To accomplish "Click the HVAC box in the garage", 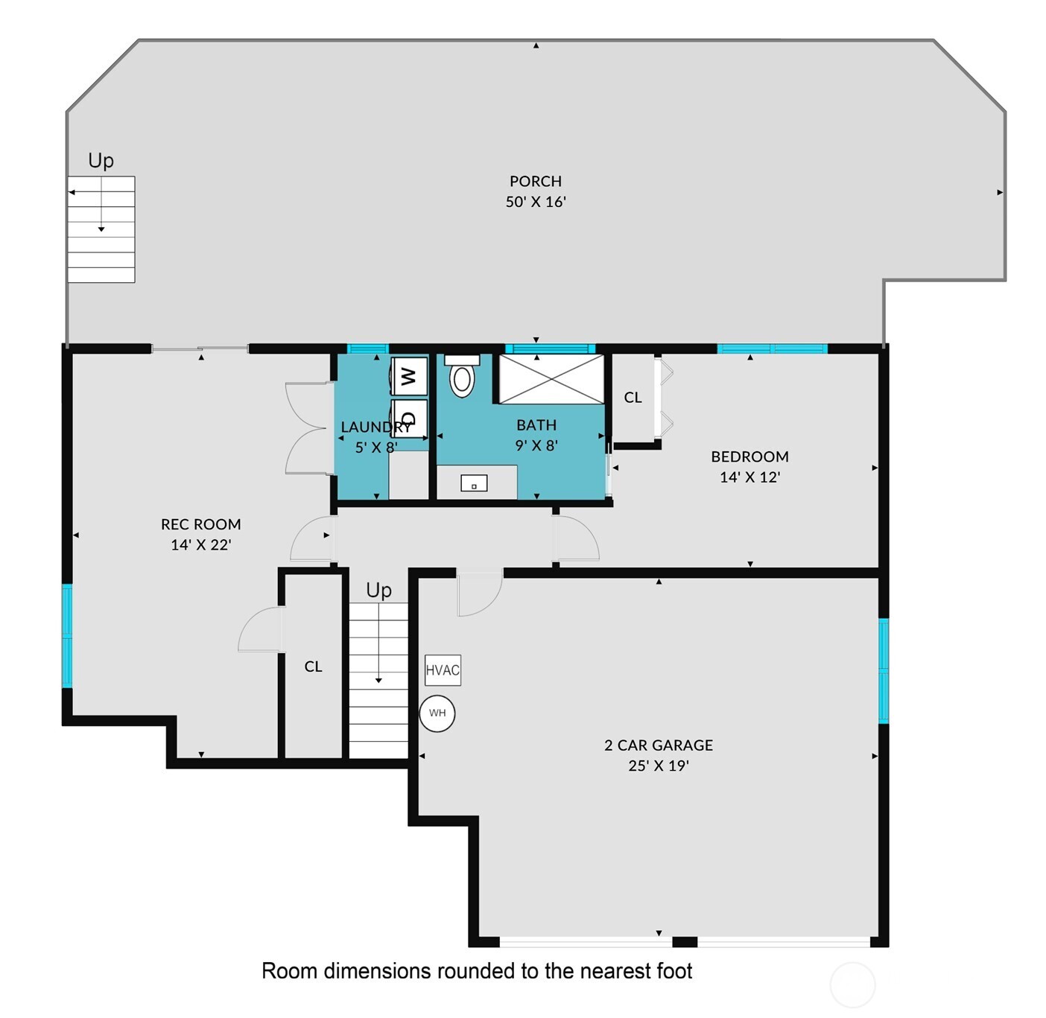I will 443,669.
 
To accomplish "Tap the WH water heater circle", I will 437,713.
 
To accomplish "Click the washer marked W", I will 409,376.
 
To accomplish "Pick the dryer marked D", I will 409,418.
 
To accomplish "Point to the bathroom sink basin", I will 474,484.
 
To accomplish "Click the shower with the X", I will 551,379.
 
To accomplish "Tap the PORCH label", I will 535,181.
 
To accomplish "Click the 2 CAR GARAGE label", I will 658,745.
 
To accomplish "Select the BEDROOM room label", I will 749,456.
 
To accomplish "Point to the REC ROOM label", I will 200,524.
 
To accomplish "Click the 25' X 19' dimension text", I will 658,766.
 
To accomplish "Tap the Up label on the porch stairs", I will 101,160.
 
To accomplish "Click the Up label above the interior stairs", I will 378,590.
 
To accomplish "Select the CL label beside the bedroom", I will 633,398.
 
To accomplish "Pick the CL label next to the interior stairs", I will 313,667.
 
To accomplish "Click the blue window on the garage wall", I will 884,670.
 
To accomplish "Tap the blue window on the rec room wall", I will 67,636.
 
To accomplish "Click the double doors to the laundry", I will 309,428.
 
